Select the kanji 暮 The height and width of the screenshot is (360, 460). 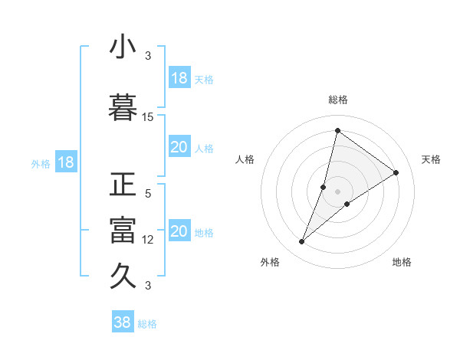123,106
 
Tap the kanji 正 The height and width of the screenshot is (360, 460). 123,186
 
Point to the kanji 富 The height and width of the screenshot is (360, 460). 123,230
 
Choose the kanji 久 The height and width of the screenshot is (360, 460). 123,274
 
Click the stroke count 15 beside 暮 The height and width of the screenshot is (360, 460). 148,116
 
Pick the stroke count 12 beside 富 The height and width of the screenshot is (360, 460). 148,240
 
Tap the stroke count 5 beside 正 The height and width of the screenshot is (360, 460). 148,194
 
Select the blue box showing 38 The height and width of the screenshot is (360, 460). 123,322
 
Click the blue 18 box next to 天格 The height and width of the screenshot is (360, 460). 179,79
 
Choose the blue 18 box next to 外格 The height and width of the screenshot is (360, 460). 65,163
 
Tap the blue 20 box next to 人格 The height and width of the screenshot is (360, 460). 179,148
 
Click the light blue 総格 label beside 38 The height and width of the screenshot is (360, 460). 147,324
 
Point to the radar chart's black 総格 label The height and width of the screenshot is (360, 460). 337,100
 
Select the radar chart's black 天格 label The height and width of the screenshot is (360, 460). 432,159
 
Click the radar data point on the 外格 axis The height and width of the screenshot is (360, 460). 302,242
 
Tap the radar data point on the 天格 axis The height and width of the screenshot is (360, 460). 396,172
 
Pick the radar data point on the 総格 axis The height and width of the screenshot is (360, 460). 337,130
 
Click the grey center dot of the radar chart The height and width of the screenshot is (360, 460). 337,191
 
